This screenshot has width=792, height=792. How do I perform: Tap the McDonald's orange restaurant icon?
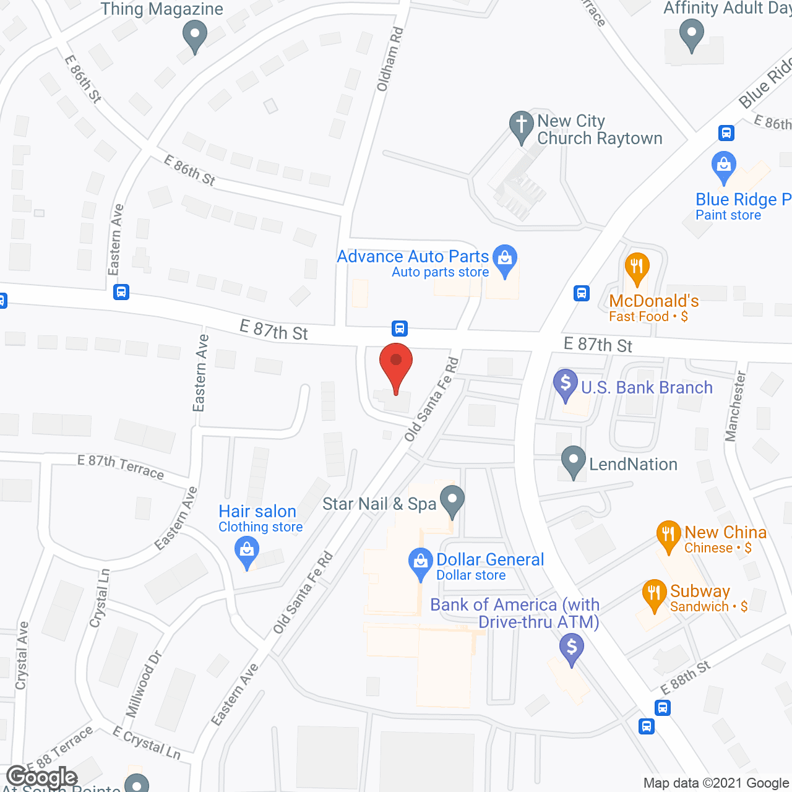pos(637,268)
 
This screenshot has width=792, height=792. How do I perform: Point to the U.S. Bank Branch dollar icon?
pos(566,384)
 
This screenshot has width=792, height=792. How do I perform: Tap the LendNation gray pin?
pos(574,461)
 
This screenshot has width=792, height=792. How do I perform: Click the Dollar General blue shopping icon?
pos(421,563)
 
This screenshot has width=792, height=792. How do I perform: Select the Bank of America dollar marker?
pos(572,649)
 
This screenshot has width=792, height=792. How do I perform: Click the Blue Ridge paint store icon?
pos(724,166)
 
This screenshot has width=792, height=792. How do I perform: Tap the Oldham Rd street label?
pos(390,59)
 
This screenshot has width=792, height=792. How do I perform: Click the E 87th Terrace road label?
pos(121,467)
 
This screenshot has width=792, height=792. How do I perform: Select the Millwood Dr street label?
pos(144,684)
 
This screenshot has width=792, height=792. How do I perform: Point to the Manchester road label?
pos(736,406)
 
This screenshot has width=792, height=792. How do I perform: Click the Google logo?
pos(42,778)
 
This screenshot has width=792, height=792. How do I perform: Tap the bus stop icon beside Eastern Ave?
pos(121,292)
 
